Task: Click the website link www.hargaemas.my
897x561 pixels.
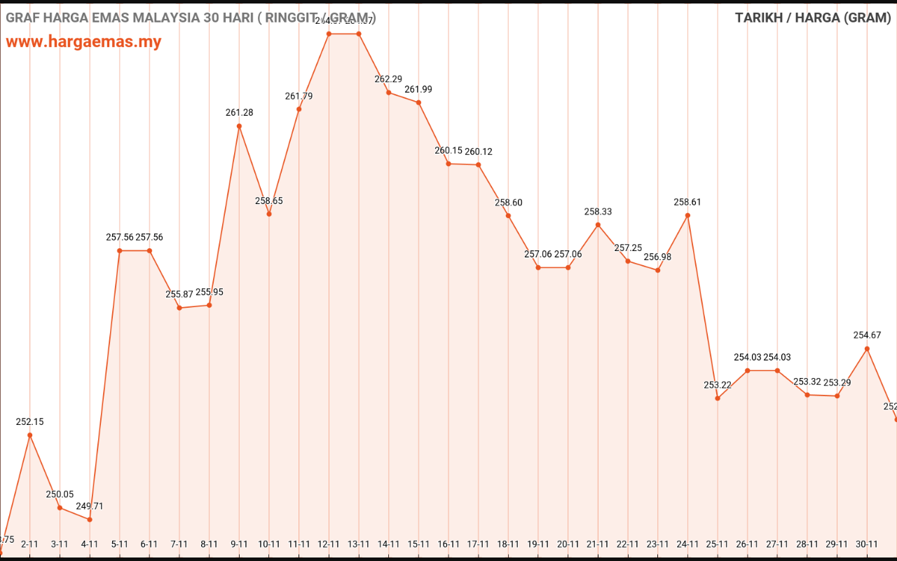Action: click(83, 41)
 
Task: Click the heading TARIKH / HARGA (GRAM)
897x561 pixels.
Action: click(812, 18)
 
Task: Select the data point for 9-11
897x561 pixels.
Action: click(239, 126)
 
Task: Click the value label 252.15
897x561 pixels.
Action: click(30, 422)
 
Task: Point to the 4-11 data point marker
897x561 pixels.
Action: click(90, 520)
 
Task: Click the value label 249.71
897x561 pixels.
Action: click(90, 506)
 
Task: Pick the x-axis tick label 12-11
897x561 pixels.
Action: click(329, 544)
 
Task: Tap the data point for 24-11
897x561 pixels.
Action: click(687, 215)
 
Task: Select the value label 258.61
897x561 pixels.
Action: click(687, 202)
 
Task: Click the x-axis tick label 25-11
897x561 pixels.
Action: click(718, 544)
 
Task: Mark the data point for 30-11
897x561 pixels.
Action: click(867, 349)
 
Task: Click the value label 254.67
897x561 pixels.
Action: click(867, 335)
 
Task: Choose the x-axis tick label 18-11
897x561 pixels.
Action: click(508, 544)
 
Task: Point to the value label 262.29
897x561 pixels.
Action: click(388, 79)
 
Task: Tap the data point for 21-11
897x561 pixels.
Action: click(598, 225)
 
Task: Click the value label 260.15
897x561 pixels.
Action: click(448, 151)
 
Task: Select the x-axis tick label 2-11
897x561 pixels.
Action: click(30, 544)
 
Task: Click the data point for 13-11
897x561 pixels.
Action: click(359, 34)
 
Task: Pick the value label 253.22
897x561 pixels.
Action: click(718, 385)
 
